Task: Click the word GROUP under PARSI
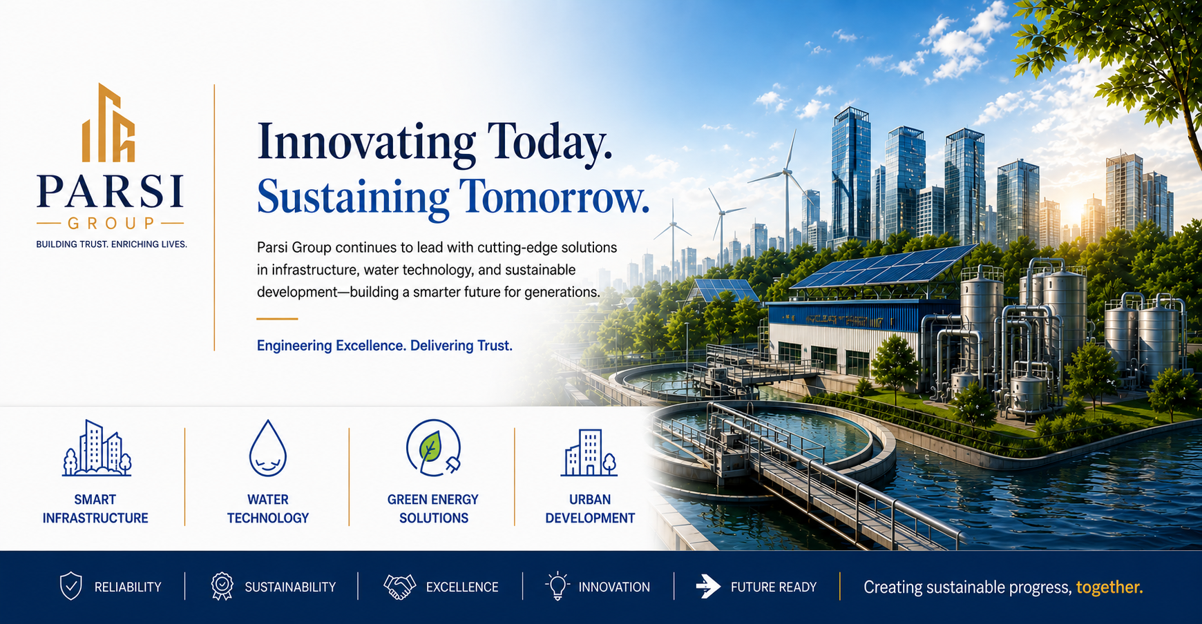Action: click(111, 224)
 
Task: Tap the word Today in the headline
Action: click(549, 143)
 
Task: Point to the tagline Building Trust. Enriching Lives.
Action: click(111, 244)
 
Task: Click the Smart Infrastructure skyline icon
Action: click(97, 448)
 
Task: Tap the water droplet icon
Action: click(268, 448)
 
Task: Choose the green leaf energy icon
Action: click(433, 448)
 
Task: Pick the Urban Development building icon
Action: click(589, 452)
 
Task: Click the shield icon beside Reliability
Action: click(71, 586)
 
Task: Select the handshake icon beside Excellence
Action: click(399, 587)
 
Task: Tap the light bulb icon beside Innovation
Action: click(557, 586)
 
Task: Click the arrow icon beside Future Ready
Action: click(708, 587)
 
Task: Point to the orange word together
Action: click(1109, 587)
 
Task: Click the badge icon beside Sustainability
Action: click(222, 586)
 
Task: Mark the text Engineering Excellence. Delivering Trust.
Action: click(385, 346)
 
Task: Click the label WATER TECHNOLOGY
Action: click(268, 509)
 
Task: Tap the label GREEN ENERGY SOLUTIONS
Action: click(433, 509)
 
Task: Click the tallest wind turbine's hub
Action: click(786, 172)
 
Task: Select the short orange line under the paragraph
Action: click(277, 319)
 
